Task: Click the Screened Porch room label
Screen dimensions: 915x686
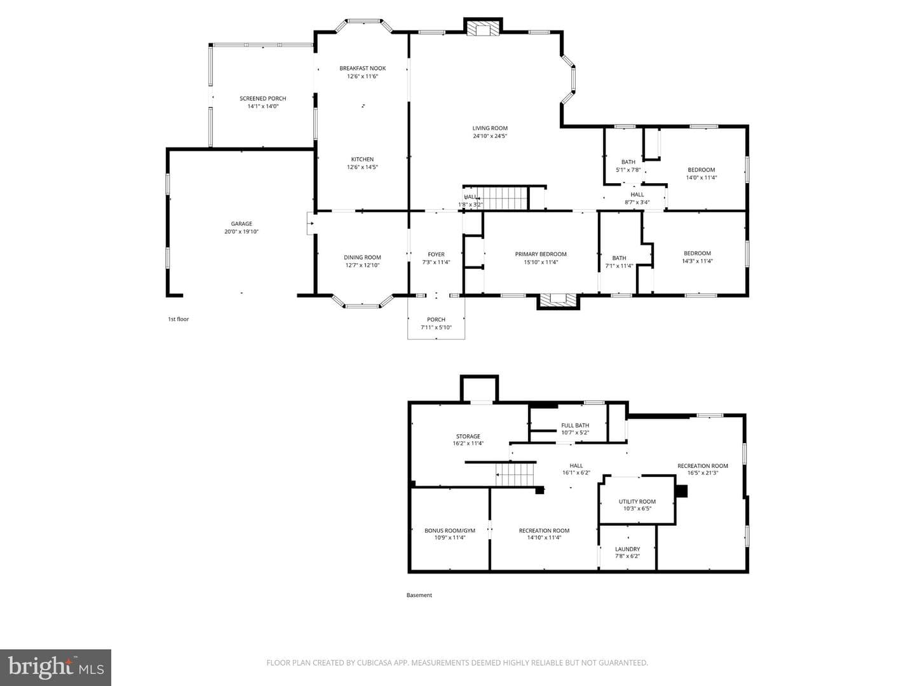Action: click(x=262, y=99)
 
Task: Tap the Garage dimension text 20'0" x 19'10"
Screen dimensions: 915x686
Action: click(x=241, y=231)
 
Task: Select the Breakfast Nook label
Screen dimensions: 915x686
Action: click(x=362, y=69)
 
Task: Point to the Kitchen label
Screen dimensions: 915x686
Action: click(x=362, y=160)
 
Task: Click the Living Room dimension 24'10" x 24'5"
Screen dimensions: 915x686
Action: click(x=490, y=136)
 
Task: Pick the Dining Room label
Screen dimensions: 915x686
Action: click(x=362, y=257)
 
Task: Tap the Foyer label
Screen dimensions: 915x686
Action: click(x=436, y=254)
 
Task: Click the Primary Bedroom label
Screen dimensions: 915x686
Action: click(x=541, y=254)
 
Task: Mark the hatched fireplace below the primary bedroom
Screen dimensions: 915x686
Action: click(x=558, y=300)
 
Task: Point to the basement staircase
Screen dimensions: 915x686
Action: click(x=515, y=474)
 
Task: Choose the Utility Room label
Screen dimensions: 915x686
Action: click(x=637, y=502)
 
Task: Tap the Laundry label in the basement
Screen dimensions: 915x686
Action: click(x=627, y=549)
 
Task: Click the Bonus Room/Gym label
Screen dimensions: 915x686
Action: click(x=450, y=530)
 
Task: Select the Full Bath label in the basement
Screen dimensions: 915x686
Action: click(x=575, y=425)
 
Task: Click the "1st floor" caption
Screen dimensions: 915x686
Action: click(x=179, y=319)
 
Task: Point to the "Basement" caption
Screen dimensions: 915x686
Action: click(x=419, y=595)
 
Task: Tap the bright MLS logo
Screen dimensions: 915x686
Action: click(x=55, y=667)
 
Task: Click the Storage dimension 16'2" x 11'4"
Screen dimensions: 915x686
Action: click(x=468, y=443)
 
